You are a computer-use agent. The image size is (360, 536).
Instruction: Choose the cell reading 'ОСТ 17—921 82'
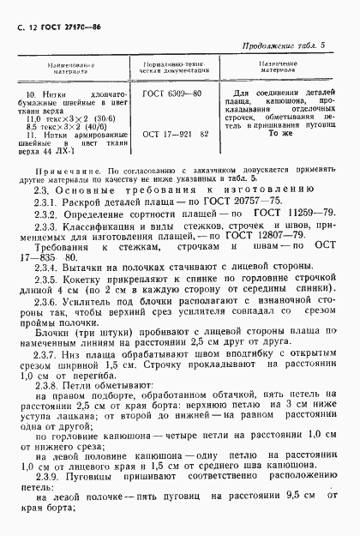[175, 135]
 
